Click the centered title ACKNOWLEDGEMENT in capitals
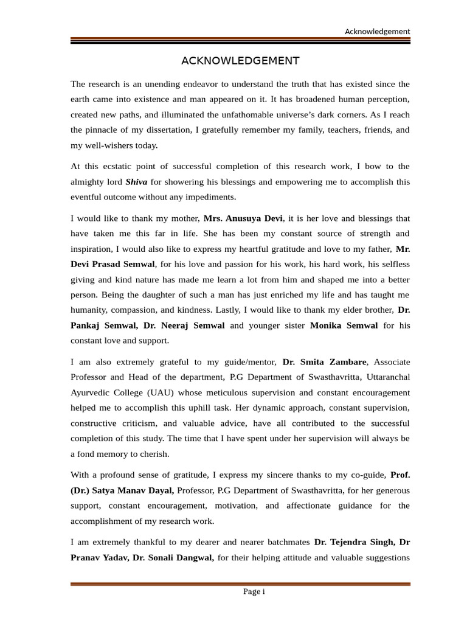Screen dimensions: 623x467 click(240, 61)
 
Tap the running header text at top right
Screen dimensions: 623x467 click(377, 32)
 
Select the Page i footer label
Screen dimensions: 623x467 click(254, 592)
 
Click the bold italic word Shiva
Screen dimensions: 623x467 click(136, 182)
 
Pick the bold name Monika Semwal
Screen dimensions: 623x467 click(344, 325)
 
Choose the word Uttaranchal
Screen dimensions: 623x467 click(383, 377)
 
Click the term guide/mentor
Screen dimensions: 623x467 click(249, 362)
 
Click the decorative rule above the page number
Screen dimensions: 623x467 click(240, 584)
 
